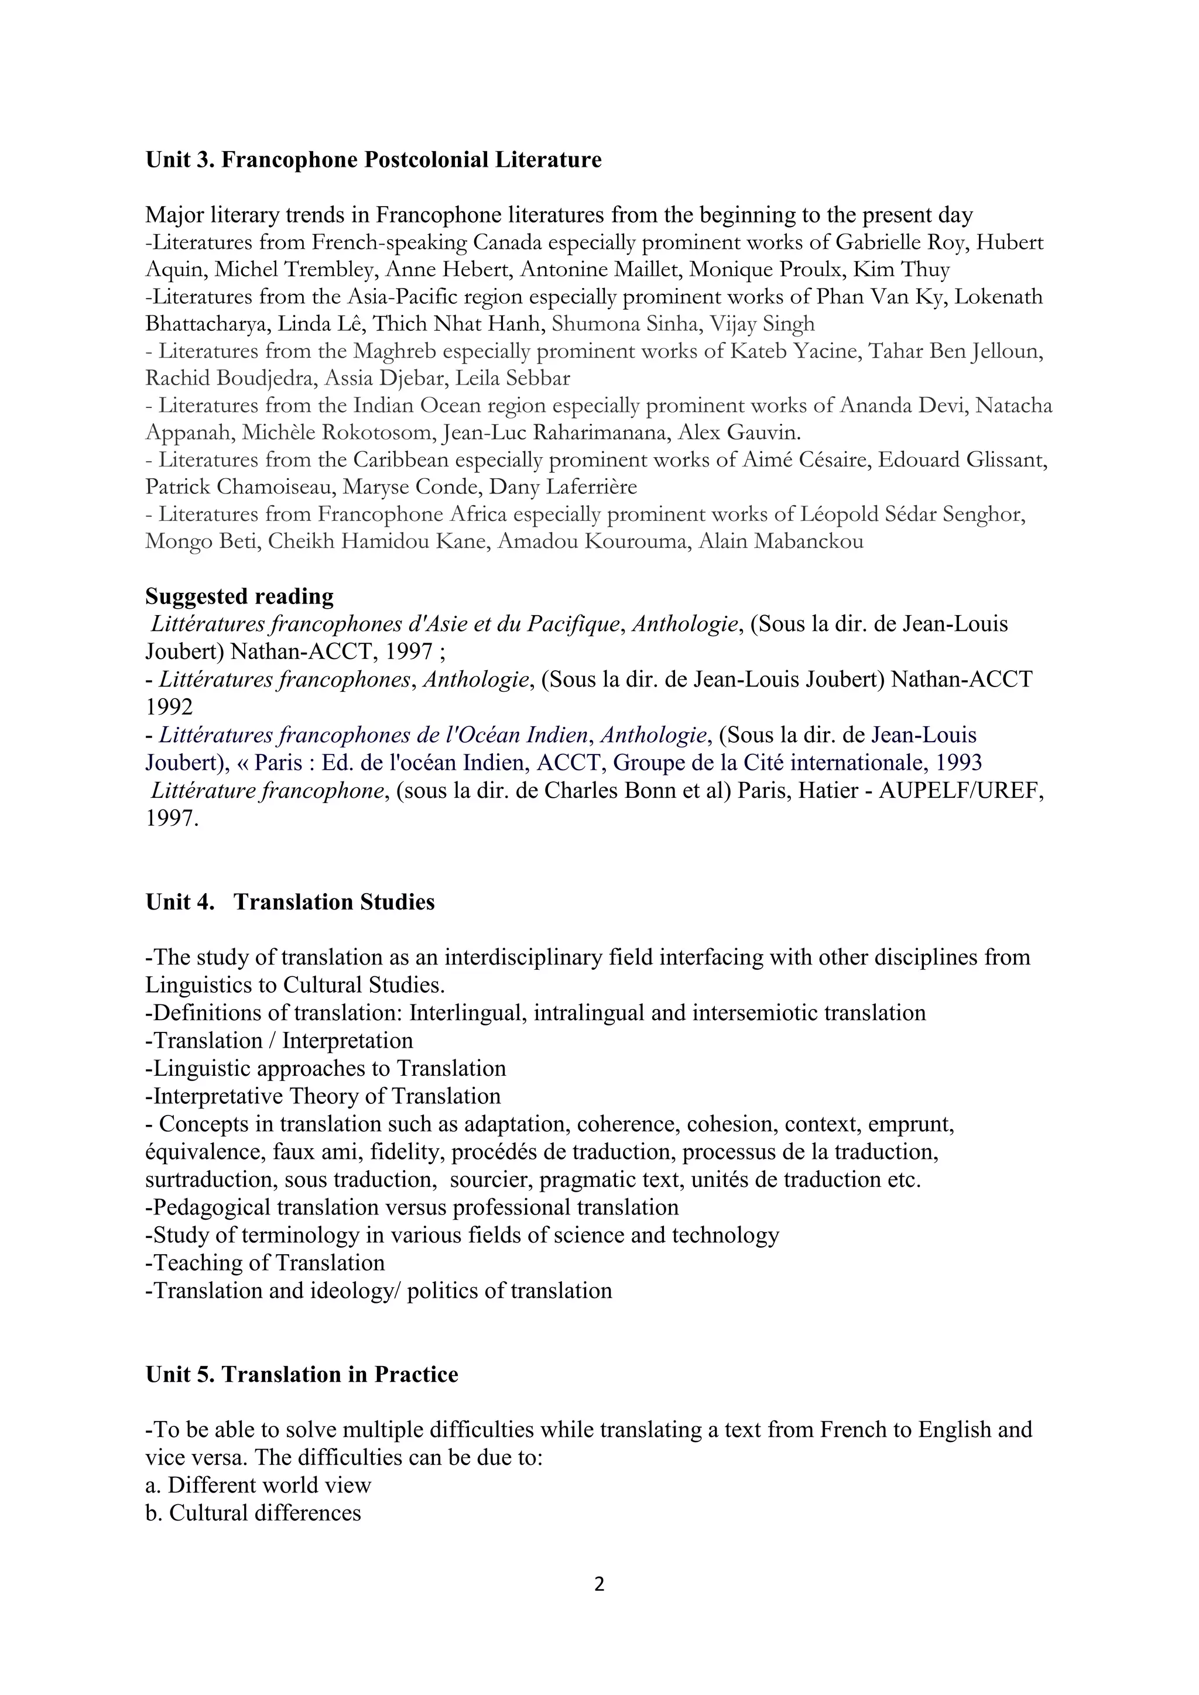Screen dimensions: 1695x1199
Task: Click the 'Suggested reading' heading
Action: tap(239, 596)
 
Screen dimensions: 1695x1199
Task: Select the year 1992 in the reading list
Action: tap(169, 707)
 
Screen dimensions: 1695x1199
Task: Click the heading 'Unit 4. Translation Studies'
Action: tap(290, 902)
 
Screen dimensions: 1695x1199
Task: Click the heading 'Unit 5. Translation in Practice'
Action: tap(302, 1375)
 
